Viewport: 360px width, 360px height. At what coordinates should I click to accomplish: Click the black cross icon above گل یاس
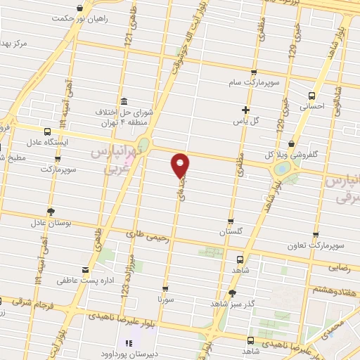245,110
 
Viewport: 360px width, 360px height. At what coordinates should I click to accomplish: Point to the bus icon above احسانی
312,95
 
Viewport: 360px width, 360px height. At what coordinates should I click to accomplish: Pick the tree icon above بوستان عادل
51,211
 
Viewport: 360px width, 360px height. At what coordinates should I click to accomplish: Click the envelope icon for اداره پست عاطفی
85,270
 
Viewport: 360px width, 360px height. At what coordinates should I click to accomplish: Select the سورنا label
165,300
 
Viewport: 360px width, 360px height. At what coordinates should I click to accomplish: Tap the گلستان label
230,231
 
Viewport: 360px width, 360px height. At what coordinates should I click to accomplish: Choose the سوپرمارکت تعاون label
314,246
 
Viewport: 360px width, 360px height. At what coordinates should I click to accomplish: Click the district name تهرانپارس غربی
112,160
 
